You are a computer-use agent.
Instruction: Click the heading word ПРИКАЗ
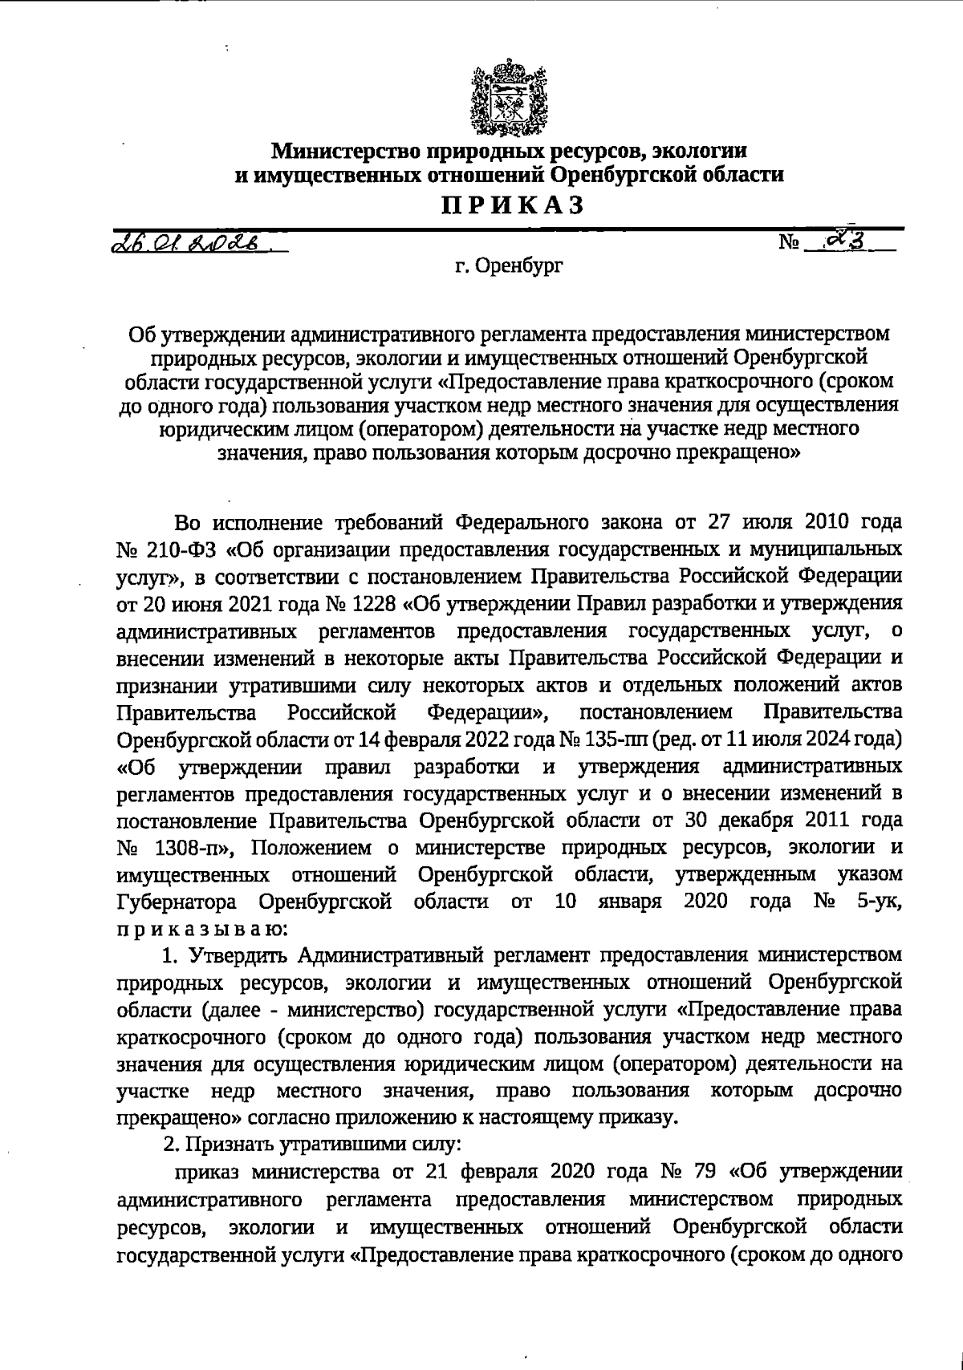tap(509, 205)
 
